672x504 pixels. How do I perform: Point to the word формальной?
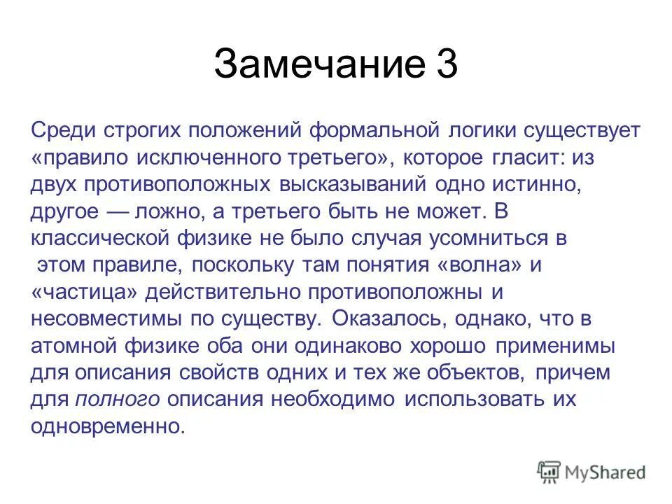344,131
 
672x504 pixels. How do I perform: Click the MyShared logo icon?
549,472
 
